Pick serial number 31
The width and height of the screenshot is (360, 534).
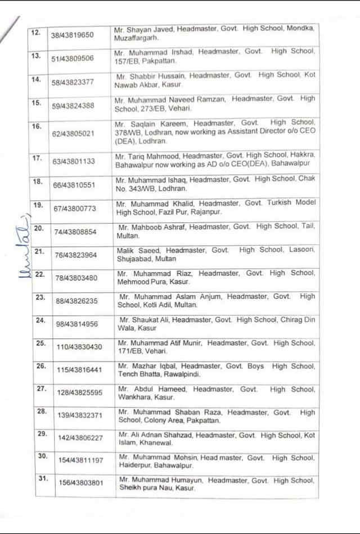[x=40, y=479]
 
